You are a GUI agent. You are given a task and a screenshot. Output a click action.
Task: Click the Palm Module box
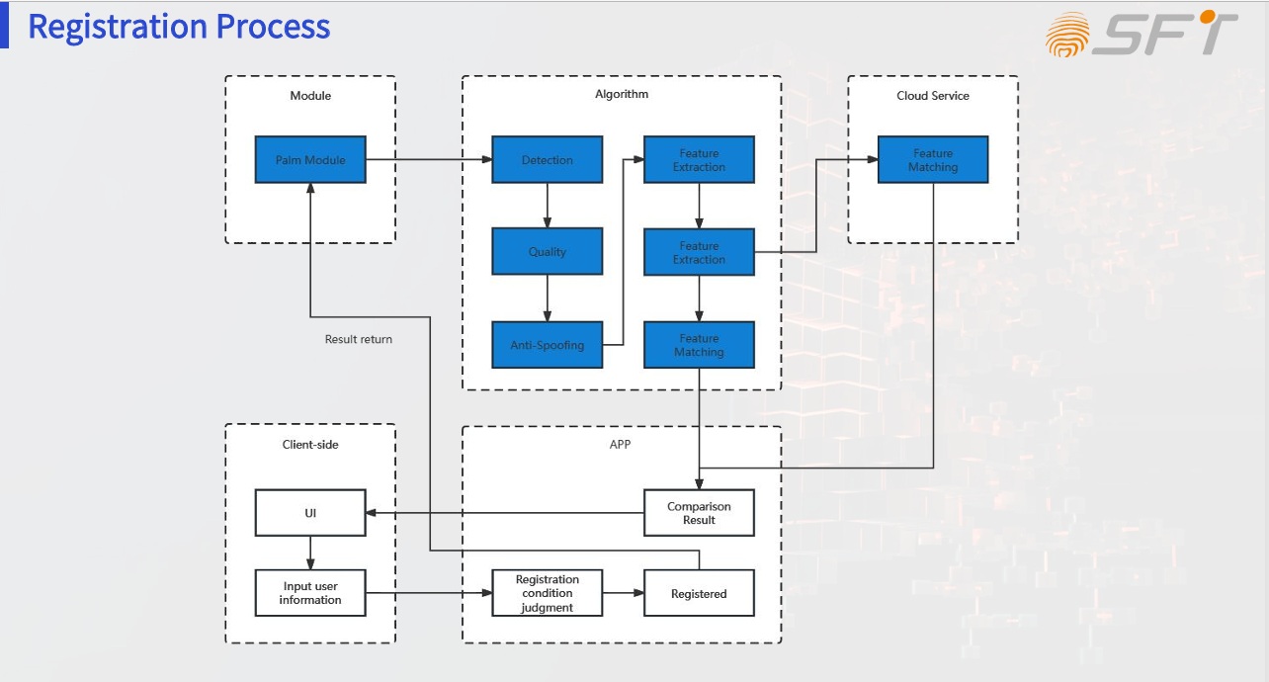tap(310, 160)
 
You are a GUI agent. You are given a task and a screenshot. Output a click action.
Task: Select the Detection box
tap(548, 160)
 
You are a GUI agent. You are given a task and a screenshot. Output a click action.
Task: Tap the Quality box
tap(548, 252)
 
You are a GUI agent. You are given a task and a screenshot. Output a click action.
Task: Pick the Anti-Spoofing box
tap(548, 345)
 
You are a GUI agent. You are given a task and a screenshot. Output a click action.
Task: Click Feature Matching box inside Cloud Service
tap(933, 160)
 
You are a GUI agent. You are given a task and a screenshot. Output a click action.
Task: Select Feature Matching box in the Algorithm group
tap(699, 345)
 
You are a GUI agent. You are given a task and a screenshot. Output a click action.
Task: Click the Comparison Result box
tap(699, 513)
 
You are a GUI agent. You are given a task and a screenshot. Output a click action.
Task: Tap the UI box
tap(310, 513)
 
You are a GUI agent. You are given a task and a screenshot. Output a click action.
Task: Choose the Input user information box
tap(310, 593)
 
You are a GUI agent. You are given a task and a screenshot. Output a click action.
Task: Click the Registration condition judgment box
tap(548, 593)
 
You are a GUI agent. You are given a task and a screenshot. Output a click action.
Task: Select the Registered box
tap(699, 593)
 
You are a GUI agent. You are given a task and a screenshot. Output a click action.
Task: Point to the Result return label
tap(359, 339)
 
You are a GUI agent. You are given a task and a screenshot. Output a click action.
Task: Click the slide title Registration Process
tap(179, 27)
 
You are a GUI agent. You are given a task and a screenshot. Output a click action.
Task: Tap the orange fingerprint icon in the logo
tap(1068, 35)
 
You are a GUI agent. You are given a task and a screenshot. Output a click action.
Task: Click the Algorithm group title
tap(622, 95)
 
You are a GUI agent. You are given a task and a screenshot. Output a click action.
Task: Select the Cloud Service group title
tap(933, 96)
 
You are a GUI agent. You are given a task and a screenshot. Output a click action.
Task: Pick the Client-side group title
tap(310, 445)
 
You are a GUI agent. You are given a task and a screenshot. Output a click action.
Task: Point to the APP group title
tap(620, 445)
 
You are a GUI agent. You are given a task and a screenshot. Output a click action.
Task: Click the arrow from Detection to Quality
tap(548, 206)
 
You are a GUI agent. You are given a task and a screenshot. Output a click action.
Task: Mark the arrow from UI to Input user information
tap(310, 553)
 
